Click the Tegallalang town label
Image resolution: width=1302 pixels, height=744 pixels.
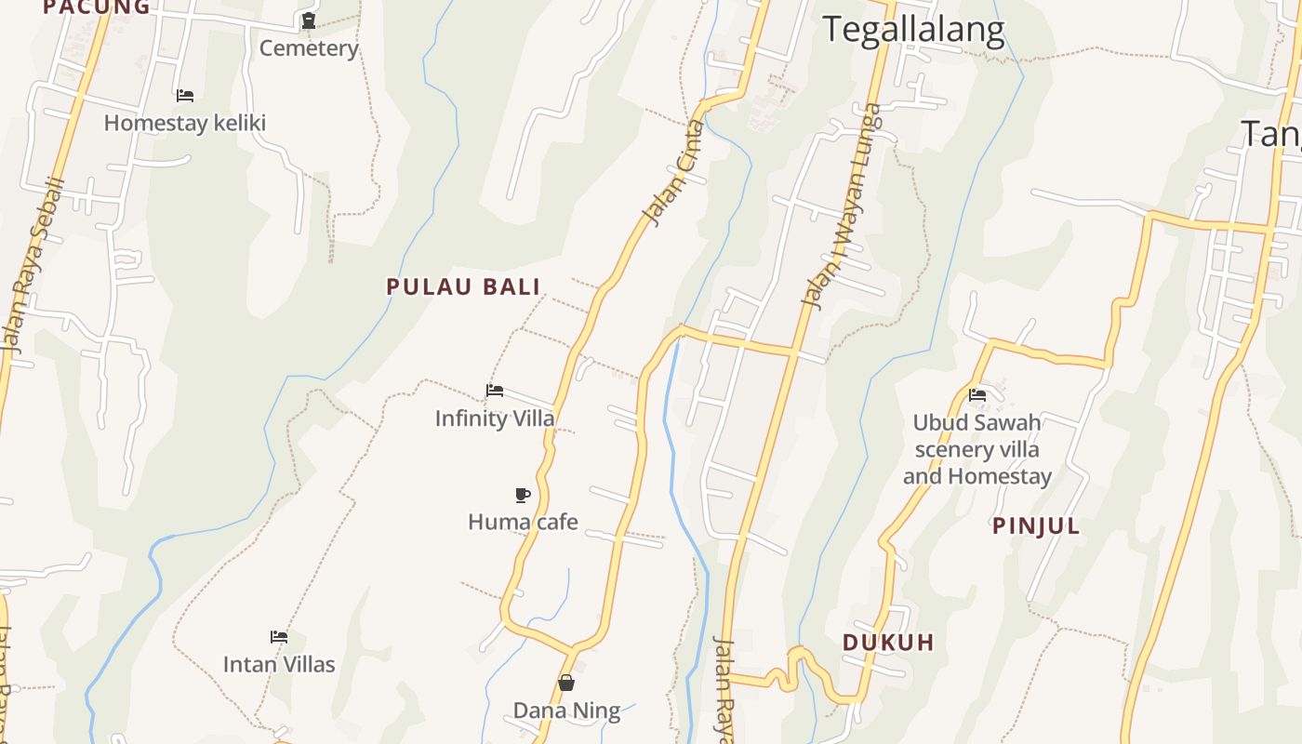[x=913, y=30]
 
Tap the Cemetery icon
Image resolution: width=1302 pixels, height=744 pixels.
[x=309, y=20]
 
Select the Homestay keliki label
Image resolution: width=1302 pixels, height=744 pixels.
[x=185, y=123]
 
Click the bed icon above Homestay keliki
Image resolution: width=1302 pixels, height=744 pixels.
[x=185, y=95]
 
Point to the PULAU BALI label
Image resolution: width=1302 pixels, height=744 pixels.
[x=463, y=286]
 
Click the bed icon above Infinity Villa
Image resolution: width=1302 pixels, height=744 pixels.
[x=495, y=391]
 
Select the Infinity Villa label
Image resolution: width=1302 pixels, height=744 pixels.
[x=495, y=418]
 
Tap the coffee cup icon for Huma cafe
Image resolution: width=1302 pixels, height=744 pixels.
[x=523, y=495]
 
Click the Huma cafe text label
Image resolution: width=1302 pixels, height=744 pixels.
[x=523, y=522]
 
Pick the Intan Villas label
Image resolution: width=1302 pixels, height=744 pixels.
[x=279, y=665]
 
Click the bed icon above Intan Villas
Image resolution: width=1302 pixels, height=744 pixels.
[x=279, y=637]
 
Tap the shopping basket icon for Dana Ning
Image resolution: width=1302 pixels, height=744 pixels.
[x=566, y=684]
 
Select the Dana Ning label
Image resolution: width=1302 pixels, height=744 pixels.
[x=566, y=711]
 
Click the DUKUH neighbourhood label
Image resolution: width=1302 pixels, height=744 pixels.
[x=888, y=643]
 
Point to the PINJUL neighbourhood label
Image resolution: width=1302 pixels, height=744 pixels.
[x=1036, y=526]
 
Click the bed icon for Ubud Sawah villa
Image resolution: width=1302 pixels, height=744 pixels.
[x=977, y=395]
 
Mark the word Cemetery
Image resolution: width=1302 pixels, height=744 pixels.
[x=309, y=48]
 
